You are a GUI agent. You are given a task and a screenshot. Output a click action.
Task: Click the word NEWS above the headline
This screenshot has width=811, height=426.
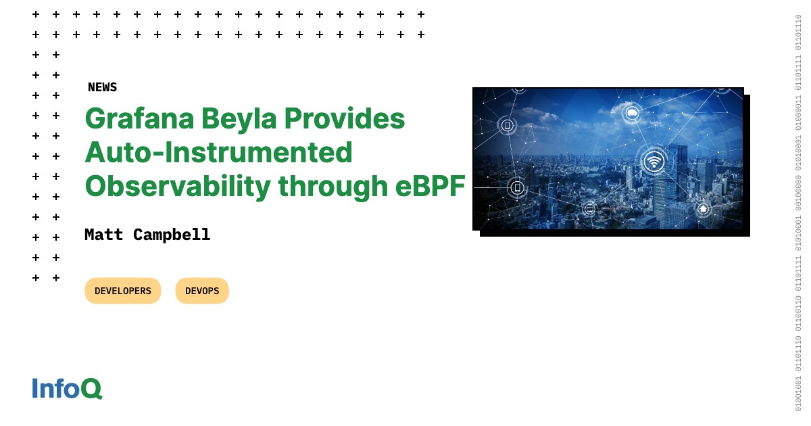point(102,87)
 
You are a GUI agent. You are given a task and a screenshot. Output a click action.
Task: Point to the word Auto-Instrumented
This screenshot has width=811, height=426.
point(218,152)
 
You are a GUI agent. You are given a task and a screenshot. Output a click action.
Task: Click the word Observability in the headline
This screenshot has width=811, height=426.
point(177,186)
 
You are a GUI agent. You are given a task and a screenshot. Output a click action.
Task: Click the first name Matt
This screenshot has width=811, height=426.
point(104,235)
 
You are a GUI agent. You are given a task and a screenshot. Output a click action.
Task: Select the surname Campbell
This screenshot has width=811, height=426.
point(172,235)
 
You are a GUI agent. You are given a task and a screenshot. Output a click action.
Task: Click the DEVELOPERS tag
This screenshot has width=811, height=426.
point(123,291)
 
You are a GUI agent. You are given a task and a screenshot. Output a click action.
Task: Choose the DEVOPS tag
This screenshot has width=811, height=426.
point(202,291)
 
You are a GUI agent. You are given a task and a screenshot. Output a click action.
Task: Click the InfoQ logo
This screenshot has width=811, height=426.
point(67,388)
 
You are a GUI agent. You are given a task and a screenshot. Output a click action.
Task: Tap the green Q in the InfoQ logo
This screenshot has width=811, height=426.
point(91,388)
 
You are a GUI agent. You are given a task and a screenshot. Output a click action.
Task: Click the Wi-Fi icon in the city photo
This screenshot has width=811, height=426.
point(654,161)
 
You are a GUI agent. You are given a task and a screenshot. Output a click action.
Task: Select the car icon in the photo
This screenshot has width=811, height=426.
point(632,112)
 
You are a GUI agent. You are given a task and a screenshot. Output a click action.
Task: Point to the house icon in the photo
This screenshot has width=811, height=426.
point(703,209)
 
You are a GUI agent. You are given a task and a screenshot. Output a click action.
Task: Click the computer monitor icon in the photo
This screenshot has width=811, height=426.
point(590,209)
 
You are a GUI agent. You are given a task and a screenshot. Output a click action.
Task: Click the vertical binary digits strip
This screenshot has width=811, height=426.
point(798,213)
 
